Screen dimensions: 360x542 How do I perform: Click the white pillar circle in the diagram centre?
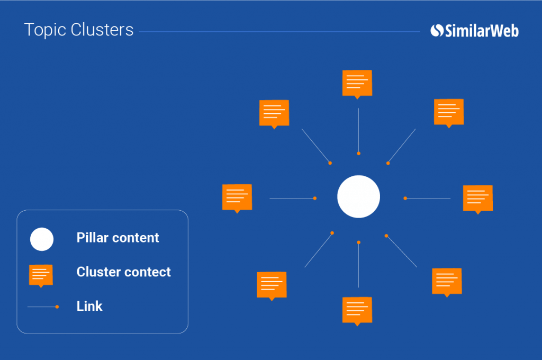(358, 196)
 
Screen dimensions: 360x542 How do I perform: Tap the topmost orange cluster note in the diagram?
(357, 83)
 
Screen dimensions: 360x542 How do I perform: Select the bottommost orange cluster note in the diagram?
(357, 310)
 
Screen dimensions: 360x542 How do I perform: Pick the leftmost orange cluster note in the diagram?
(237, 197)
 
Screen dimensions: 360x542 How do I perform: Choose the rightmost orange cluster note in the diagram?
(477, 198)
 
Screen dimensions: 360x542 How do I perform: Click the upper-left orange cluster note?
(274, 113)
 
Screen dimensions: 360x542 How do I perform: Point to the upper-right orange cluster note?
(449, 112)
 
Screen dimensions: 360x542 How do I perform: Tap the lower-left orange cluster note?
(272, 285)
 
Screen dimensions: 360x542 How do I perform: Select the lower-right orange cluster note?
(447, 281)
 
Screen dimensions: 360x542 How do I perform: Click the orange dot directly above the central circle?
(358, 154)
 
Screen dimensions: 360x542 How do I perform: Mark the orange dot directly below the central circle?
(358, 242)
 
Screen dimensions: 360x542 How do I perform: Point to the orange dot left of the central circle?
(315, 199)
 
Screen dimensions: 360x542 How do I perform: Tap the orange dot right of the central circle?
(405, 199)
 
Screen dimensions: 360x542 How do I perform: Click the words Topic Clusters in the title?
(79, 30)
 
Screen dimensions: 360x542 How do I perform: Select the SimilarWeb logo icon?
(437, 31)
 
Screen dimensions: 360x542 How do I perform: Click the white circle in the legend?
(42, 239)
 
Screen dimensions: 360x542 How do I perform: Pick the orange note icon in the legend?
(41, 274)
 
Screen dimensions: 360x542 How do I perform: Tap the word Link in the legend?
(89, 306)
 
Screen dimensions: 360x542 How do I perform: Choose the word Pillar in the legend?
(92, 238)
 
